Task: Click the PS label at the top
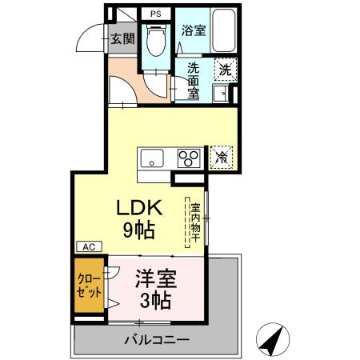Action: pyautogui.click(x=155, y=14)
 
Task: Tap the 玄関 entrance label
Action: pyautogui.click(x=122, y=38)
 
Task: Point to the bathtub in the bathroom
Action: pyautogui.click(x=224, y=31)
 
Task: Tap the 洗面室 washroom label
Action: pyautogui.click(x=194, y=81)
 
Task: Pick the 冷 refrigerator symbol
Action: pyautogui.click(x=221, y=158)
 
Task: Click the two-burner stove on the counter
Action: pyautogui.click(x=190, y=157)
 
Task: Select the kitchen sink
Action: pyautogui.click(x=152, y=158)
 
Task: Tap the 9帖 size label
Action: pyautogui.click(x=139, y=230)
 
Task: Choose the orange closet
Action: pyautogui.click(x=89, y=286)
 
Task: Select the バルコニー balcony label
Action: pyautogui.click(x=157, y=340)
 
